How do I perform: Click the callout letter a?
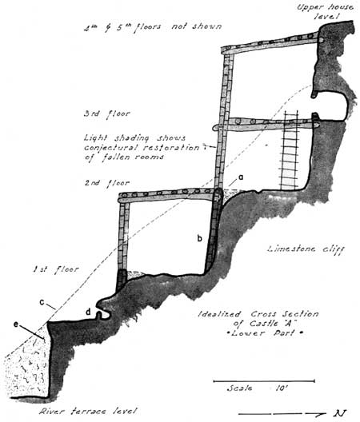coord(241,177)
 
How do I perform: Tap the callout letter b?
coord(200,238)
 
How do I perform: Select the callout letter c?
coord(42,302)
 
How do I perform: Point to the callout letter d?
coord(88,312)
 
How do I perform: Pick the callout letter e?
coord(17,324)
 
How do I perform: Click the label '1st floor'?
coord(56,269)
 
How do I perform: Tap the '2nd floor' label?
coord(107,183)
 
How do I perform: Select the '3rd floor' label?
coord(107,113)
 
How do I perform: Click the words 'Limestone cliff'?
coord(306,249)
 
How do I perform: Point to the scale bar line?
coord(264,381)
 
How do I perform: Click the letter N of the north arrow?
coord(340,413)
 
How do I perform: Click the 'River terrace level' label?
coord(88,412)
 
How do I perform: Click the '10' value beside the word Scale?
coord(282,388)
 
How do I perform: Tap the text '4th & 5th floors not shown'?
coord(153,27)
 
